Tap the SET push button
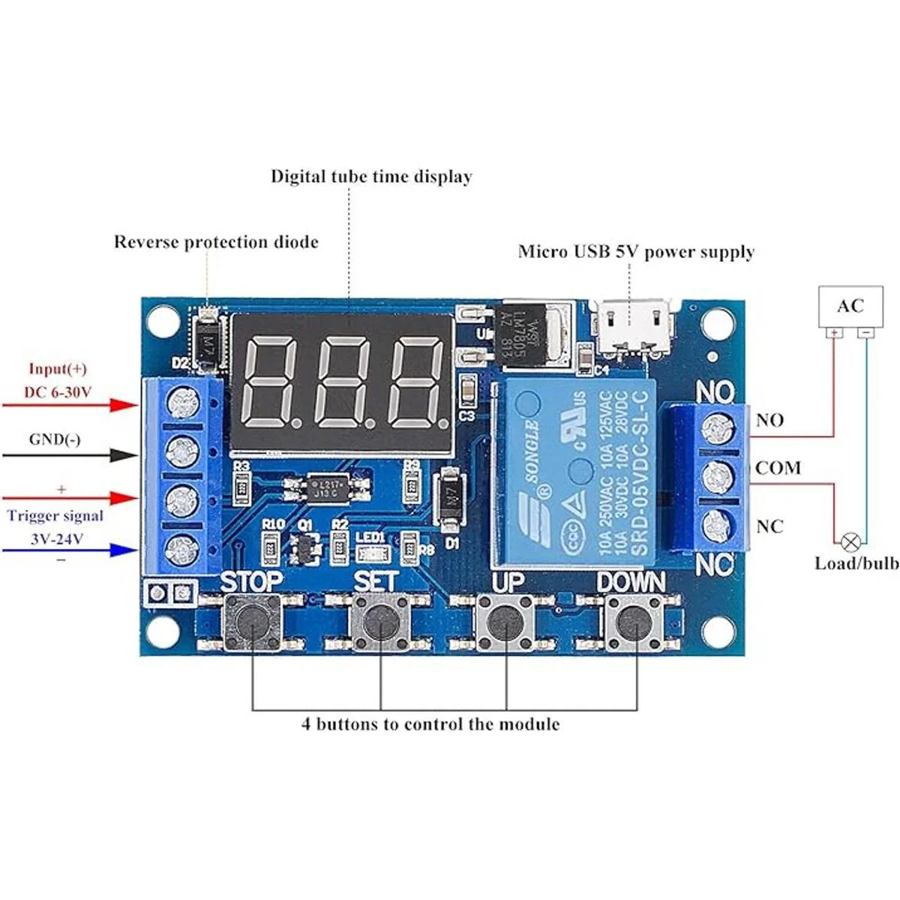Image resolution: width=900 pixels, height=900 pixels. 381,620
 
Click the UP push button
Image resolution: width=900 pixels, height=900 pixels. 506,621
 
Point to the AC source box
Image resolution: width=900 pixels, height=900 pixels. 850,306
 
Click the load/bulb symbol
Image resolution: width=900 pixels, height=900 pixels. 850,540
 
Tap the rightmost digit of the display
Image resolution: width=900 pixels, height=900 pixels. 418,382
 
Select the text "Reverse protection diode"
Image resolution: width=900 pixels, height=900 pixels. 216,242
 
